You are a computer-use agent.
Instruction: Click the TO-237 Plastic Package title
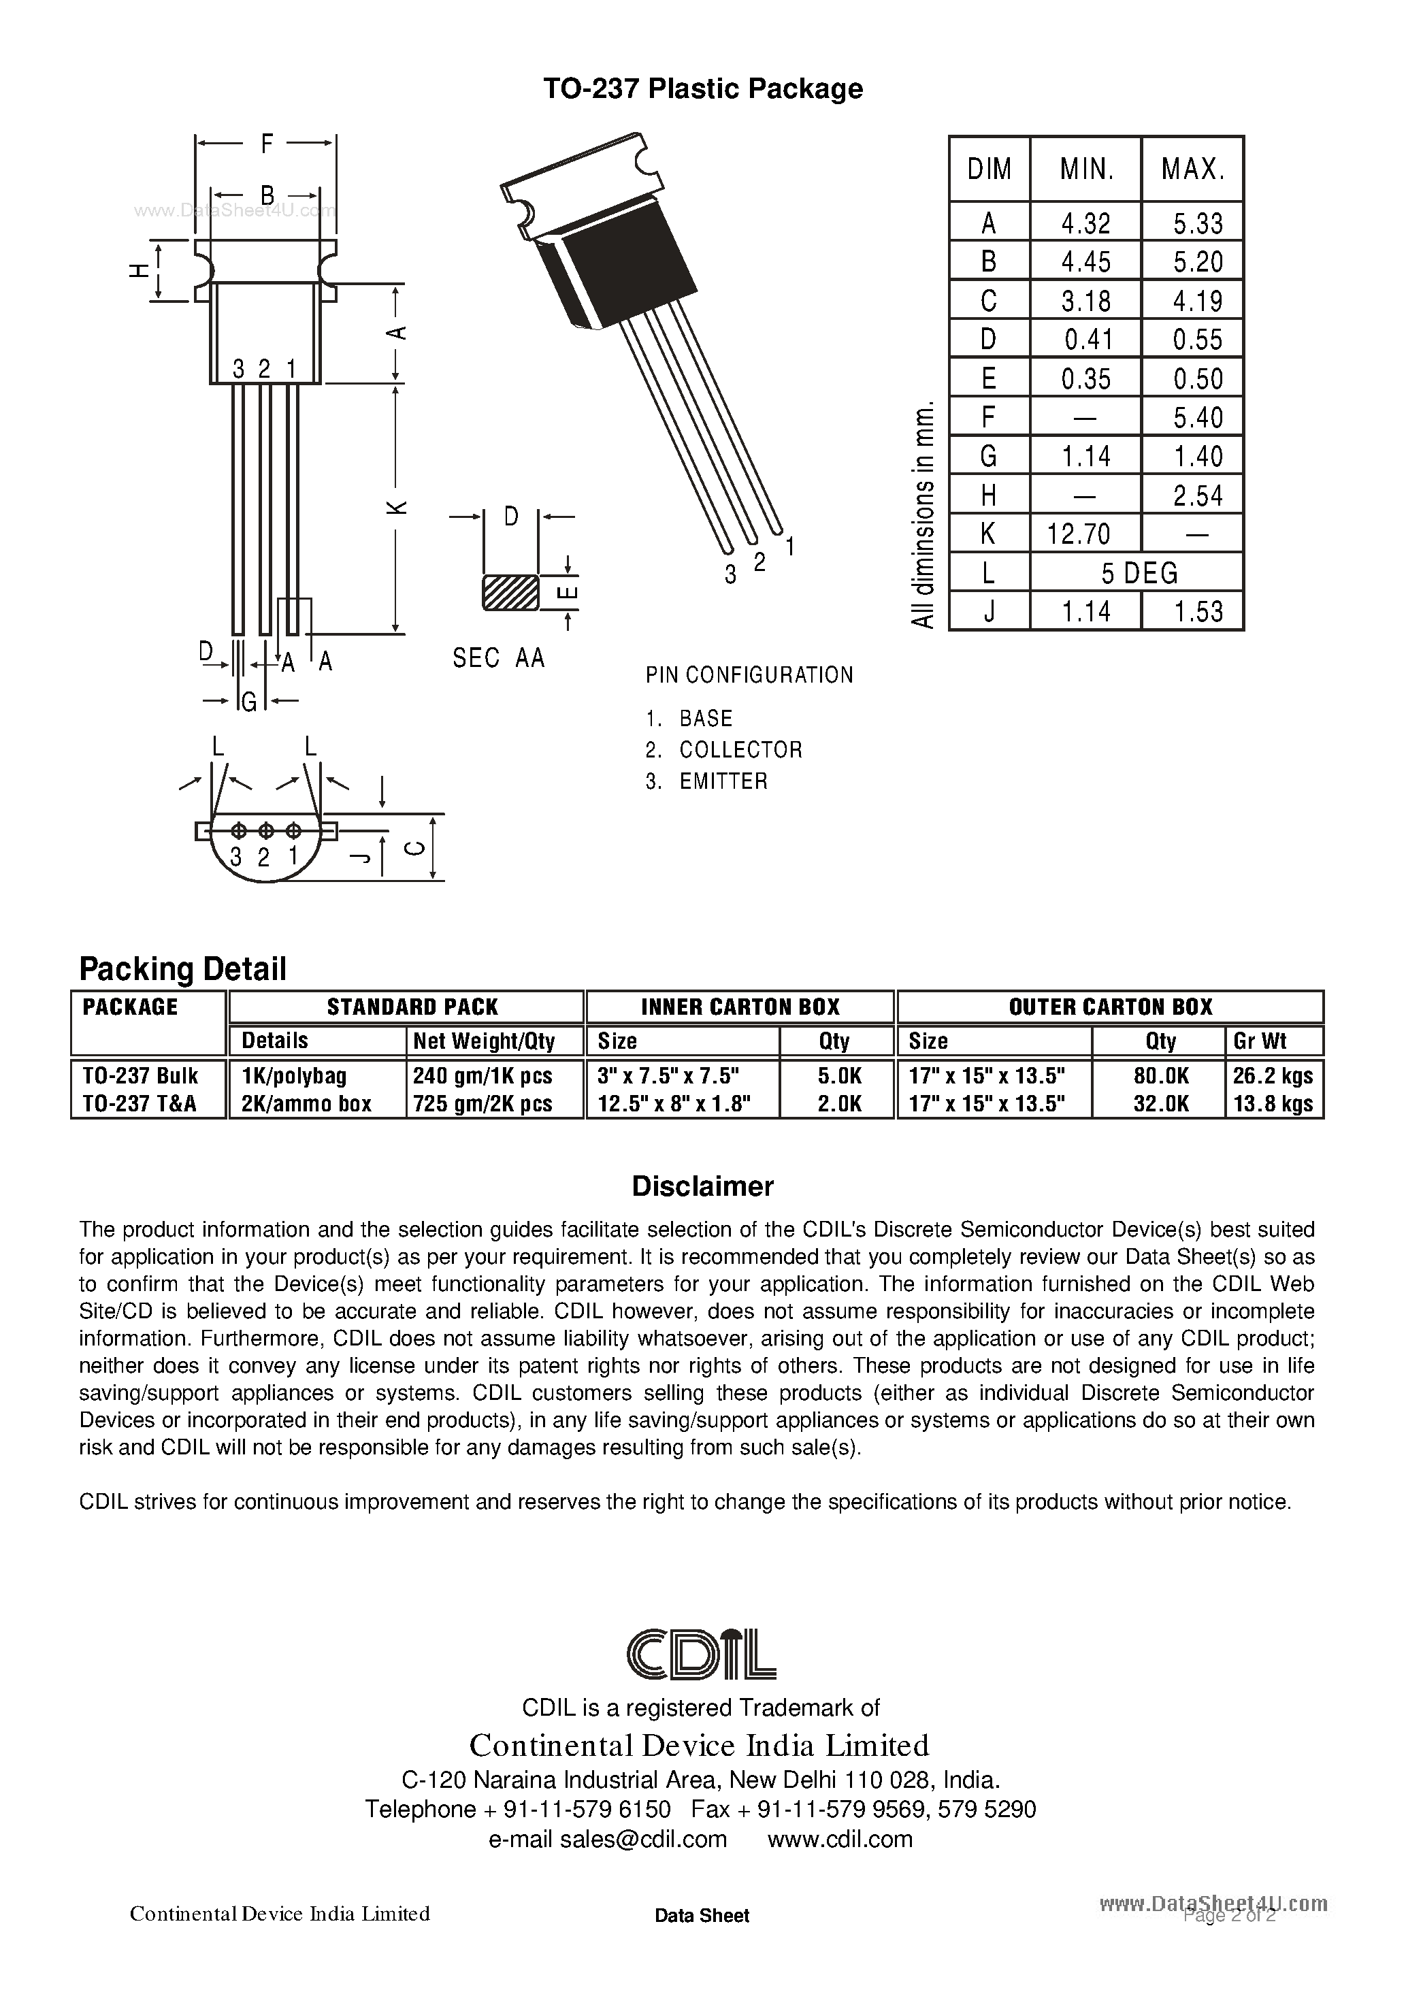pos(702,88)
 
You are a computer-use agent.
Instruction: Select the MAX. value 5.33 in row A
pos(1197,224)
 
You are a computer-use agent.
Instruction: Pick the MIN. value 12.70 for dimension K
pos(1079,533)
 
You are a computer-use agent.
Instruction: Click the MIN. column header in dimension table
pos(1086,169)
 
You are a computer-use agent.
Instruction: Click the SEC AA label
pos(498,659)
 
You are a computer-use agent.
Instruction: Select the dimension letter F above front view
pos(267,143)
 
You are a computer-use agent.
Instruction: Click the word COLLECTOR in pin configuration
pos(740,750)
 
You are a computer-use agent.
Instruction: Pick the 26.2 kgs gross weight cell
pos(1273,1075)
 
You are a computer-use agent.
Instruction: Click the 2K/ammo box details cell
pos(306,1103)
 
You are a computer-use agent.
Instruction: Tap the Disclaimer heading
pos(702,1186)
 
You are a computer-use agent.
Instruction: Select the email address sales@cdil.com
pos(608,1838)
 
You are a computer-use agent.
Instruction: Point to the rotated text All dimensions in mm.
pos(924,514)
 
